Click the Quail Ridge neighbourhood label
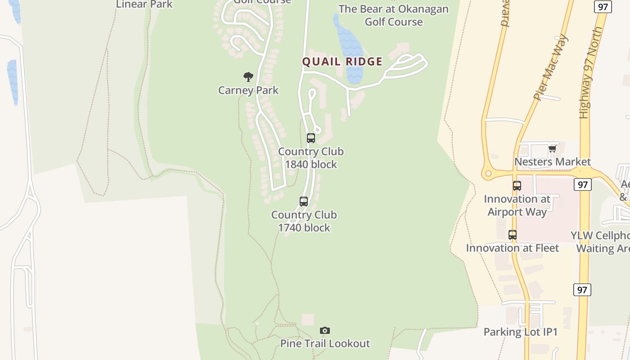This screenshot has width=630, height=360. [x=342, y=62]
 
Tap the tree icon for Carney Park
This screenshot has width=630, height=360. [x=248, y=77]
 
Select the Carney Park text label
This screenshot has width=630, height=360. [x=248, y=90]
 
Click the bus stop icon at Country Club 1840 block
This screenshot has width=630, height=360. [x=311, y=138]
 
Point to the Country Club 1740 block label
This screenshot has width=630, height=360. [x=304, y=221]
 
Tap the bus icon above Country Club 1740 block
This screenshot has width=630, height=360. [x=304, y=202]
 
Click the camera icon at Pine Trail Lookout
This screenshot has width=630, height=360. [x=324, y=331]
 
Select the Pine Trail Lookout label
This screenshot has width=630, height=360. [x=325, y=343]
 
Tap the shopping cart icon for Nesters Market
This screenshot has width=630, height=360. [x=552, y=149]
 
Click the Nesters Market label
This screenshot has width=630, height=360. [x=552, y=162]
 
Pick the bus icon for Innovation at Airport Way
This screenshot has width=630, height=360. [x=517, y=185]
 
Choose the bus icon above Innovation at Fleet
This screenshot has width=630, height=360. [x=513, y=234]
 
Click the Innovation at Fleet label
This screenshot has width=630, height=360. [x=513, y=248]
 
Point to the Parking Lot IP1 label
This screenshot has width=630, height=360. [x=521, y=332]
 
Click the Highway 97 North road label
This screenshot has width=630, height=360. [x=590, y=72]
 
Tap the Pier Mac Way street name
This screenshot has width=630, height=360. [x=550, y=67]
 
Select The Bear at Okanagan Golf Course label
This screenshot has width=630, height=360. [x=393, y=15]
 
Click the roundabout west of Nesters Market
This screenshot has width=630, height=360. [x=487, y=173]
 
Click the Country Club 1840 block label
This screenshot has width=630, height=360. [x=311, y=158]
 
